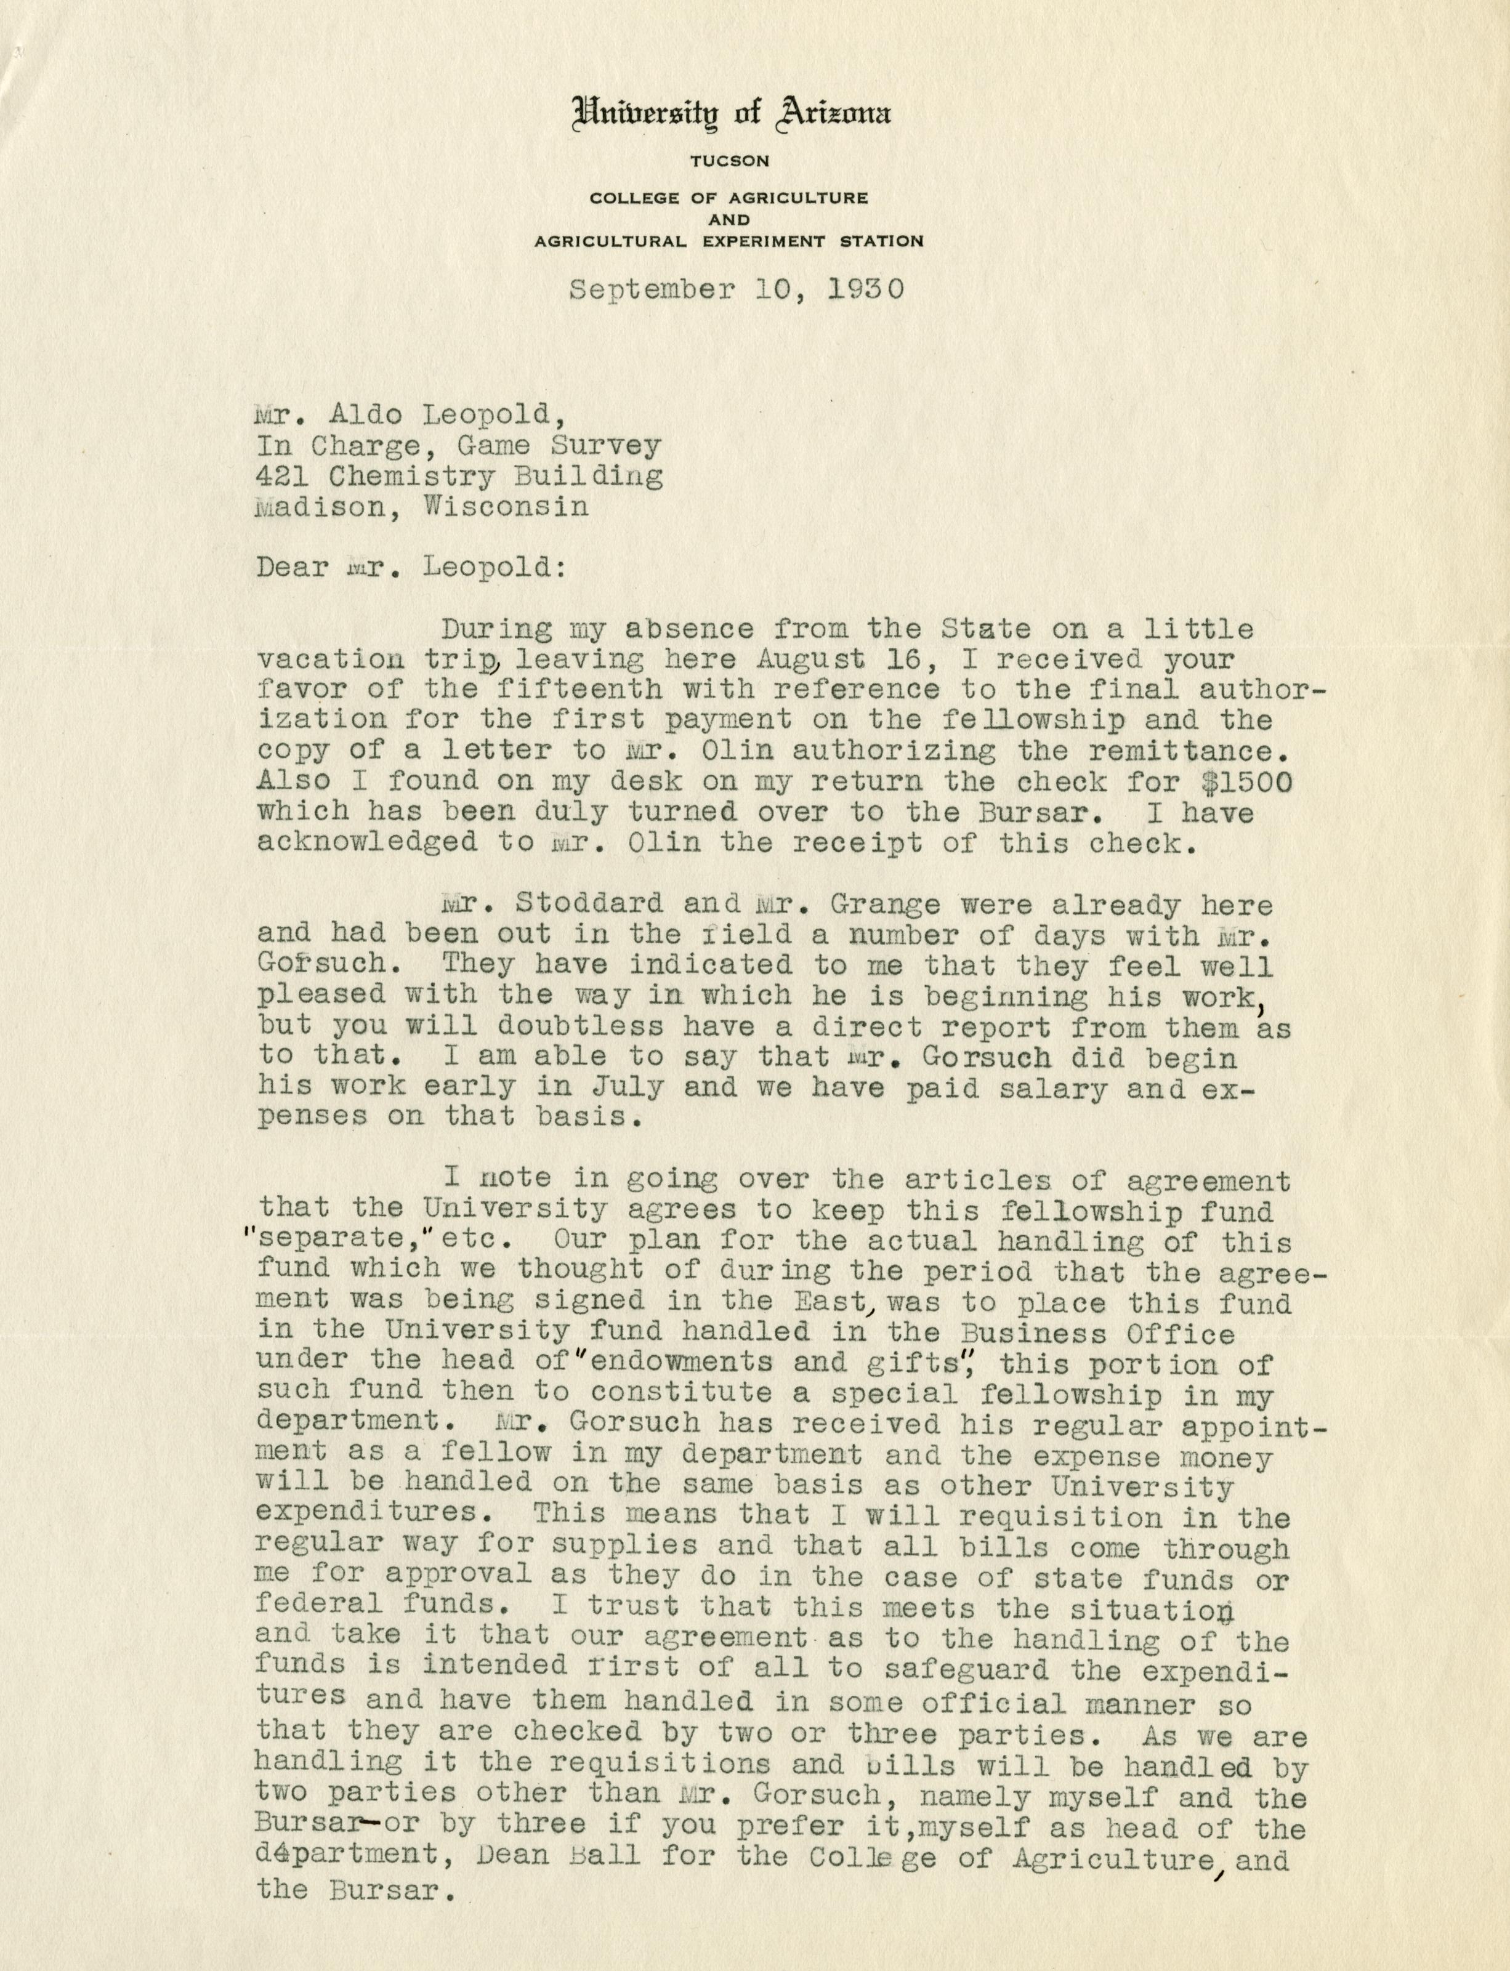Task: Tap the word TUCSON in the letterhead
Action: tap(729, 161)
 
